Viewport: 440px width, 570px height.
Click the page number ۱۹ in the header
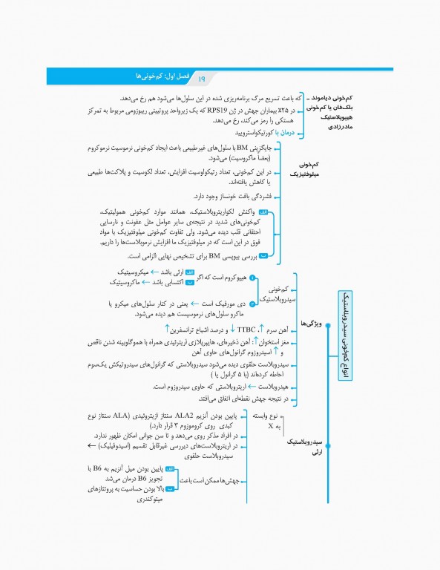(203, 77)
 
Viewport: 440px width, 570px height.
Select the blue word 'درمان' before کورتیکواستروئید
(285, 133)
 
